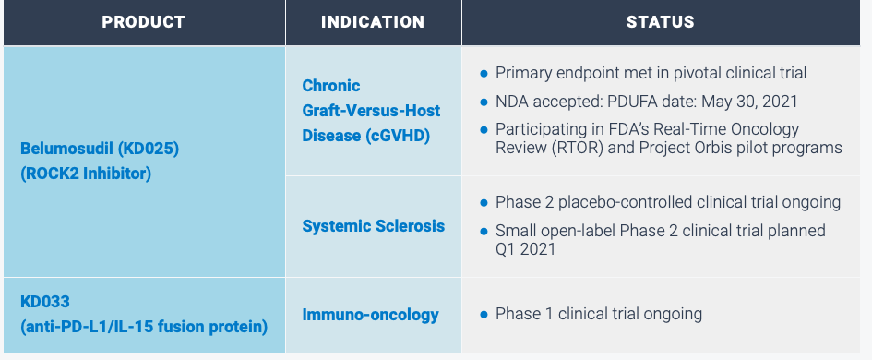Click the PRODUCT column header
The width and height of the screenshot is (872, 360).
click(x=143, y=22)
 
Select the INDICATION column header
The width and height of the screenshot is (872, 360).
click(x=373, y=22)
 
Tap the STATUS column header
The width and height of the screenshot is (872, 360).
click(x=660, y=22)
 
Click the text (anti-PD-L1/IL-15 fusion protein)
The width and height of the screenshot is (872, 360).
click(x=143, y=327)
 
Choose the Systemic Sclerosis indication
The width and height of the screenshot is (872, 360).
click(x=373, y=226)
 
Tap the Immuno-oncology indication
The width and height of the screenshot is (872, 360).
click(x=370, y=315)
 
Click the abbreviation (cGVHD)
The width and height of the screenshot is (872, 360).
click(x=404, y=135)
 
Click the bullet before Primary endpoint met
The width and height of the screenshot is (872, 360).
click(x=484, y=73)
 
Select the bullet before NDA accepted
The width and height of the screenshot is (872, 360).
click(x=484, y=101)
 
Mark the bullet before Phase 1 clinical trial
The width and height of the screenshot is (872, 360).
click(x=484, y=315)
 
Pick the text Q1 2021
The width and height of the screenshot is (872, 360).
click(x=526, y=249)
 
